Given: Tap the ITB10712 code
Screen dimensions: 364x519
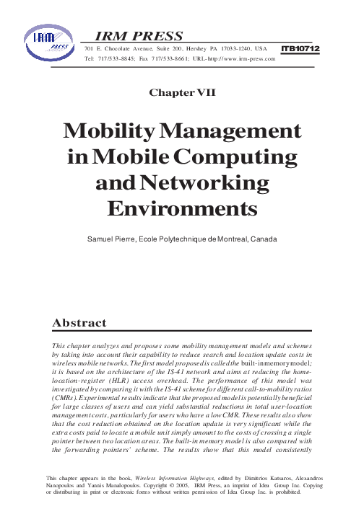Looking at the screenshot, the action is point(300,48).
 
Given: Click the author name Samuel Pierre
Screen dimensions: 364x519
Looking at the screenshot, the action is point(116,238).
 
